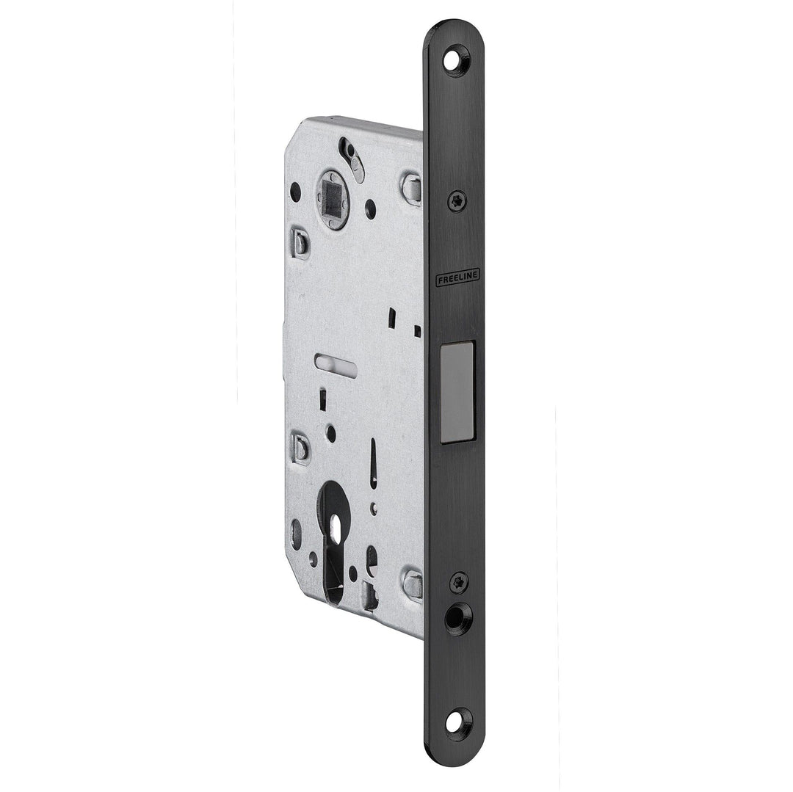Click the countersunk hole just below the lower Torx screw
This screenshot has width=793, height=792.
[457, 617]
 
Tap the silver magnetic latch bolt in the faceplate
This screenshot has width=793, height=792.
[457, 392]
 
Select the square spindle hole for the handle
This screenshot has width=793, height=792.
[333, 200]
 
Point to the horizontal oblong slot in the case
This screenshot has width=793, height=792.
[336, 364]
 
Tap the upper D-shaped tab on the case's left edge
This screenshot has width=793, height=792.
[300, 243]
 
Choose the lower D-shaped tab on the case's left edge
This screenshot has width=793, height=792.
[300, 448]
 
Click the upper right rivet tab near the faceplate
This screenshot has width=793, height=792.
[412, 189]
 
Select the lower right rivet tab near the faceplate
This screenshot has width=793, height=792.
[413, 585]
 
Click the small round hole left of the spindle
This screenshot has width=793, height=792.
[295, 192]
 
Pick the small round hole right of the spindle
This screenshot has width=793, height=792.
[370, 209]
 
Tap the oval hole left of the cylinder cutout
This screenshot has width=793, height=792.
[296, 534]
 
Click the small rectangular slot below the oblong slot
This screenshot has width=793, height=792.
[322, 399]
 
